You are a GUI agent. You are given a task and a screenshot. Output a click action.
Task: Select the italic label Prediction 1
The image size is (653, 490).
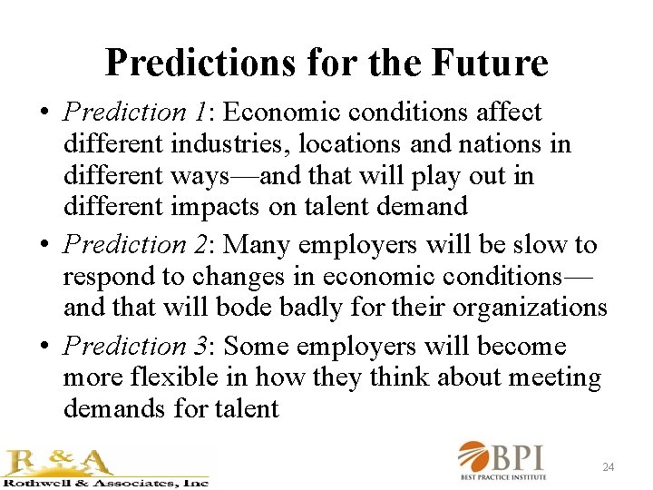coord(135,113)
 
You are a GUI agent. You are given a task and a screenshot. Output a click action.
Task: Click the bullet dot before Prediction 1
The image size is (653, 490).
coord(44,114)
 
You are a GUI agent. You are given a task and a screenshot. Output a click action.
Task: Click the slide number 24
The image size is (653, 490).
coord(609,467)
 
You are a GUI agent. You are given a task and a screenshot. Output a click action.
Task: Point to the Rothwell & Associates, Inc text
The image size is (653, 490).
coord(106,483)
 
